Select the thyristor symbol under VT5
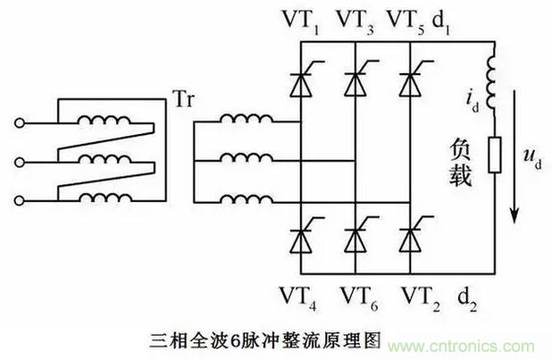click(x=409, y=83)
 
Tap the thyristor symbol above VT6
click(x=355, y=238)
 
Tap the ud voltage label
click(x=533, y=158)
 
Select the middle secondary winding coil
click(x=244, y=161)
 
